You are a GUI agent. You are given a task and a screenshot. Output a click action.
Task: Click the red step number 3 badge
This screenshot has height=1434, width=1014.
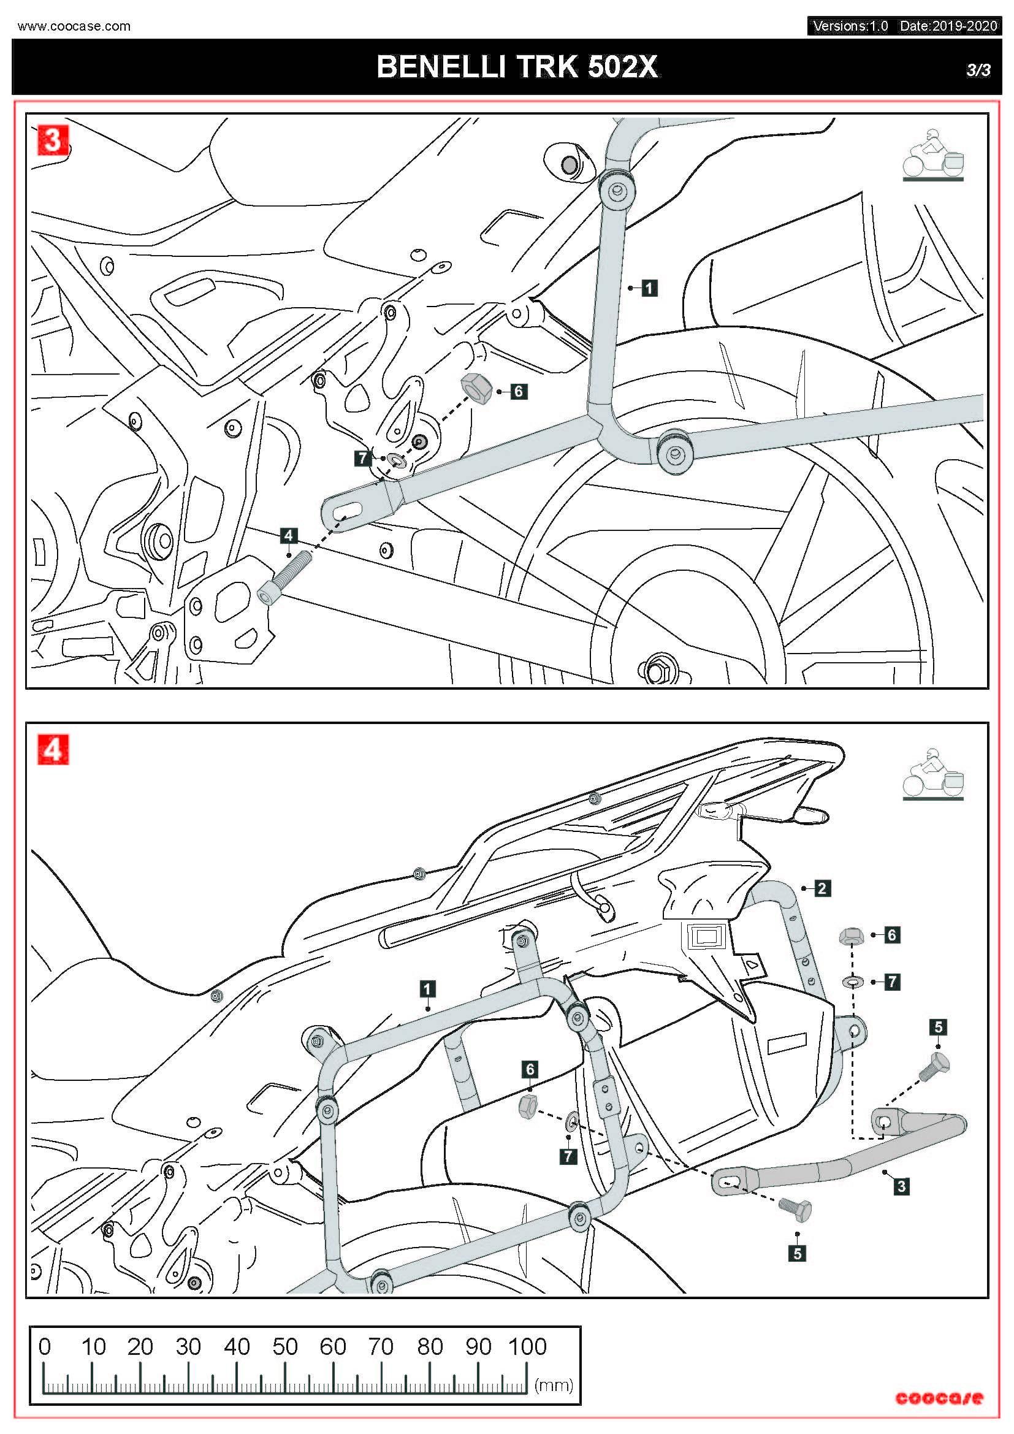click(x=53, y=140)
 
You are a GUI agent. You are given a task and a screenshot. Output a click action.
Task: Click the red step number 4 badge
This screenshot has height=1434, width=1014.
click(x=53, y=749)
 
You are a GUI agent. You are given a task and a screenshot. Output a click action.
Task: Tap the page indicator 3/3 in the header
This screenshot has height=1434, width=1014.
click(x=978, y=69)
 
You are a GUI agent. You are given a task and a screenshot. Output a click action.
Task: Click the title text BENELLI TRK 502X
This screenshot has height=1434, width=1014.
click(x=517, y=67)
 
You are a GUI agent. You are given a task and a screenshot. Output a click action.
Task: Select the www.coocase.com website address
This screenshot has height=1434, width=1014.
click(x=74, y=26)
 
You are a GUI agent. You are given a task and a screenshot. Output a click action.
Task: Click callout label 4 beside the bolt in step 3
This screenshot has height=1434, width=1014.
click(x=288, y=535)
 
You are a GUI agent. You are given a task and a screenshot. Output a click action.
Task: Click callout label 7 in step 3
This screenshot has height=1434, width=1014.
click(x=363, y=459)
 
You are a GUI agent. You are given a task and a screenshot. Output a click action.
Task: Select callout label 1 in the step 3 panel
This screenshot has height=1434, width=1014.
click(x=649, y=288)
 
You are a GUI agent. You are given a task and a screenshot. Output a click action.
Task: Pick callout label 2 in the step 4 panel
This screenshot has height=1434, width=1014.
click(x=822, y=888)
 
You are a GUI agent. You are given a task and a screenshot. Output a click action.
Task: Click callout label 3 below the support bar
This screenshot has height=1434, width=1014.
click(x=901, y=1186)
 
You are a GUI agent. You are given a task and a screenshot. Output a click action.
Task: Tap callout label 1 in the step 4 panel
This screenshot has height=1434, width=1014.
click(x=427, y=989)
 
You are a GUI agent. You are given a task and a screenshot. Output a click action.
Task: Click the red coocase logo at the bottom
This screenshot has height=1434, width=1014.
click(x=939, y=1398)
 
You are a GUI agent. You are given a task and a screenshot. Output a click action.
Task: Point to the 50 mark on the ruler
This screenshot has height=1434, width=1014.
click(x=284, y=1346)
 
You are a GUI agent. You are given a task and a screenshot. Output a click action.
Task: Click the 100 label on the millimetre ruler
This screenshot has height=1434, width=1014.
click(x=527, y=1346)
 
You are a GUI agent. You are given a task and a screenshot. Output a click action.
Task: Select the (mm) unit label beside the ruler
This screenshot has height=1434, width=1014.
click(x=553, y=1386)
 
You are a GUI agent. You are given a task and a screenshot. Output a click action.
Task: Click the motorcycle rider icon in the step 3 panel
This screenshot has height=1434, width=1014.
click(x=934, y=155)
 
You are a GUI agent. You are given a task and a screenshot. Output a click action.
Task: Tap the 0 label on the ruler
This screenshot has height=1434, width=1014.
click(x=44, y=1346)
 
